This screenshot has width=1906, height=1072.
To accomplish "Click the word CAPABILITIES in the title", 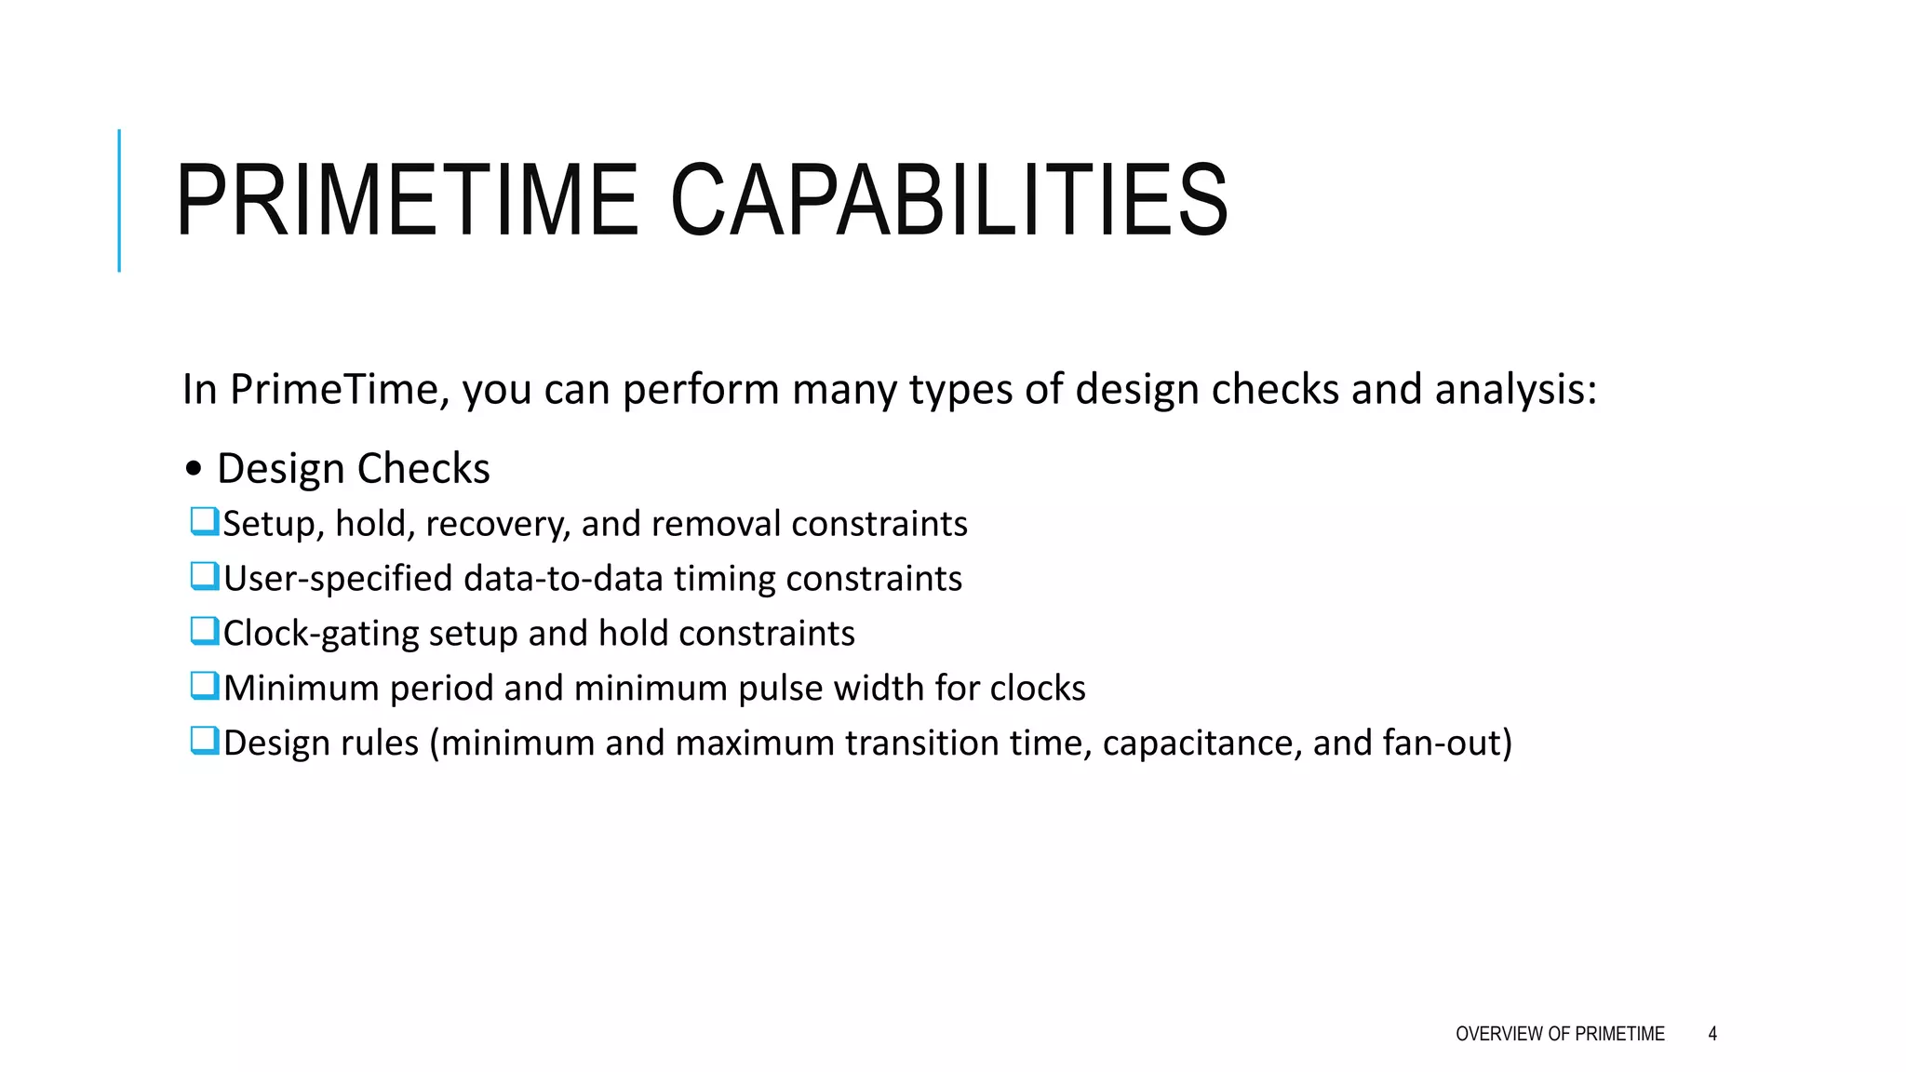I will click(x=949, y=201).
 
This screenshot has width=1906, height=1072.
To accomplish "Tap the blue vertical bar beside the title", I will click(x=119, y=200).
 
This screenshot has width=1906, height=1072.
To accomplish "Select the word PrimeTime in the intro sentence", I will click(x=340, y=389).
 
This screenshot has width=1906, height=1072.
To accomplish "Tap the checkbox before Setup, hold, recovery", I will click(x=204, y=521).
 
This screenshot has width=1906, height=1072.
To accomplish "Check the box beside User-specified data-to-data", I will click(x=204, y=576).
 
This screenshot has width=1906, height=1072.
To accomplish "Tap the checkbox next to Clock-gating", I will click(x=204, y=631).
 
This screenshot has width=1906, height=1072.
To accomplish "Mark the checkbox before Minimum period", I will click(x=204, y=686).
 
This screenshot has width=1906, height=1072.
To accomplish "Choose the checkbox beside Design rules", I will click(x=204, y=741).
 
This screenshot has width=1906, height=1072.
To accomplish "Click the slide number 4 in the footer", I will click(x=1712, y=1034).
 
